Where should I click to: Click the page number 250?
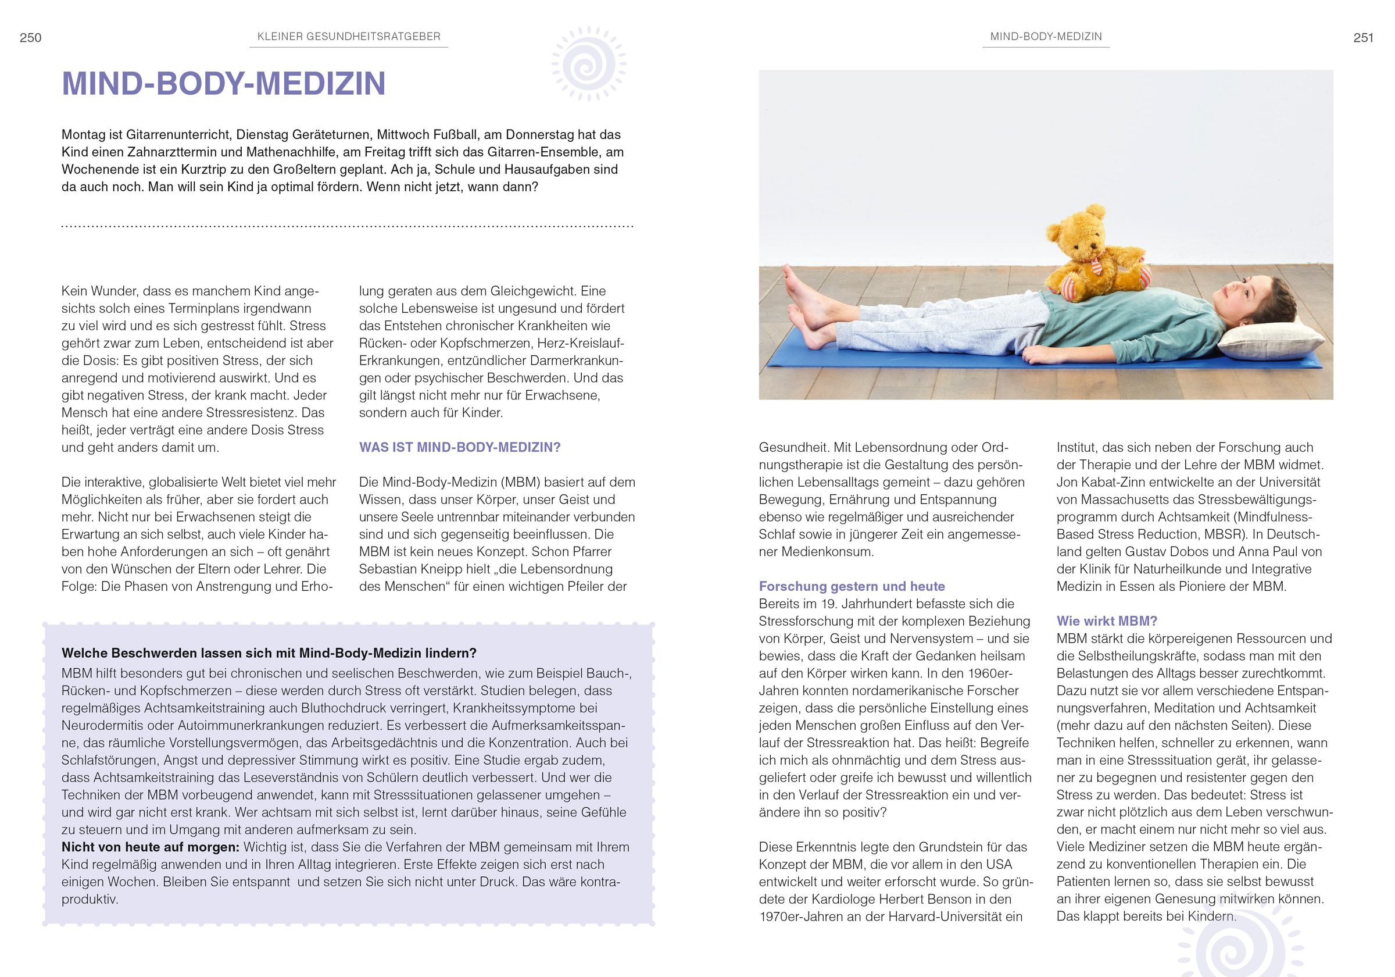[30, 38]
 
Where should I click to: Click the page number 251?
[1364, 38]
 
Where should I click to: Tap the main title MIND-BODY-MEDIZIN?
[224, 84]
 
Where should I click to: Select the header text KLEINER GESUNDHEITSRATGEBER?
[349, 37]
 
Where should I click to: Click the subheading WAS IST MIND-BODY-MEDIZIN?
[459, 447]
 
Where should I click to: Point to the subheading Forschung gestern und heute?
[852, 586]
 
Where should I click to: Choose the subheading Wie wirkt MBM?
[1107, 621]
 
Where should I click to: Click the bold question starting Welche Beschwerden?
[269, 653]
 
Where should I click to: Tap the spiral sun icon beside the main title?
[589, 64]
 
